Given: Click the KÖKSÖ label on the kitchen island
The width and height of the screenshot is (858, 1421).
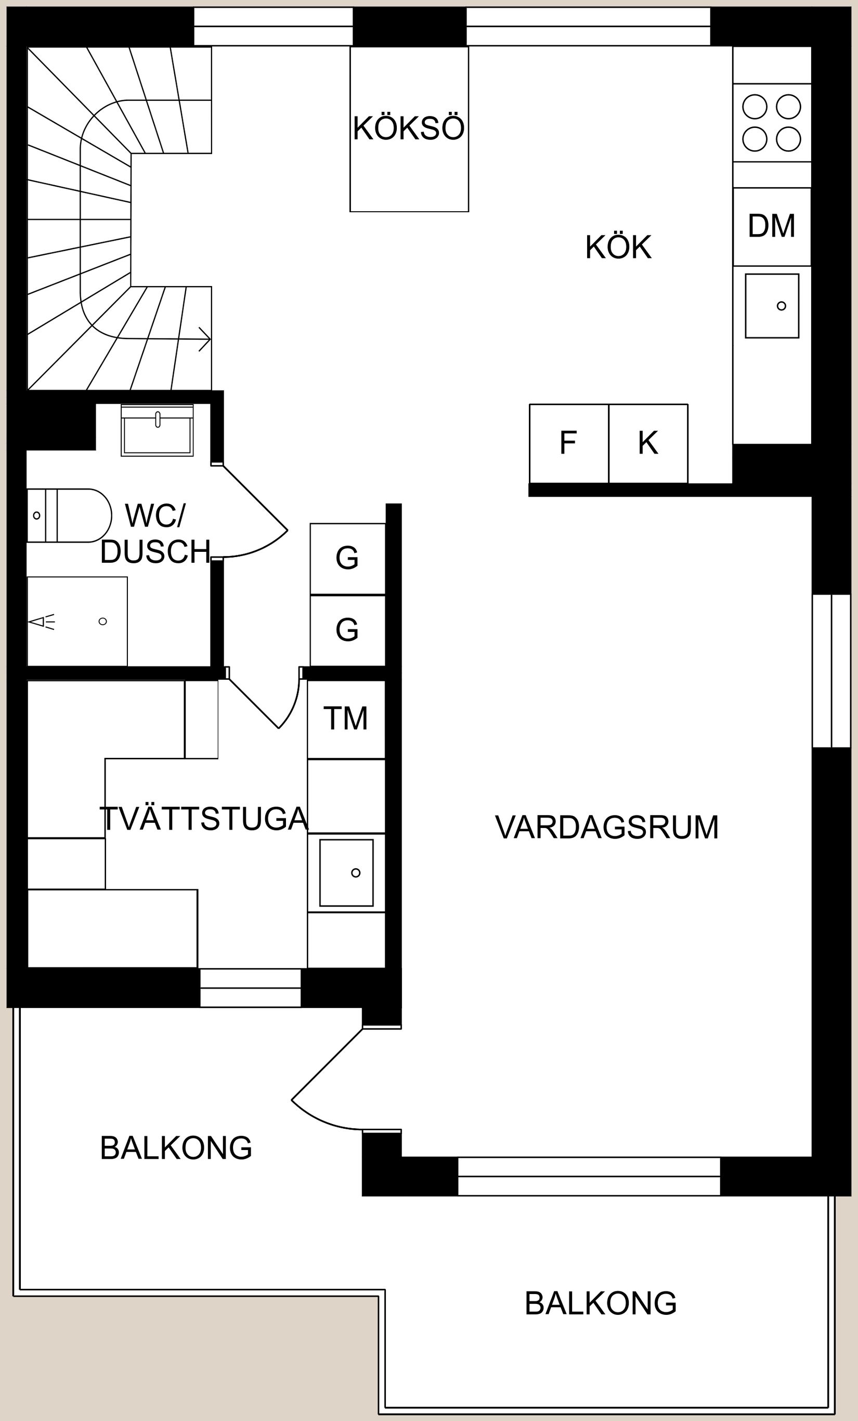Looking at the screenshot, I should pyautogui.click(x=408, y=128).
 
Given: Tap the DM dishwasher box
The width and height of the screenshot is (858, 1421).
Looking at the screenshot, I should pyautogui.click(x=772, y=226).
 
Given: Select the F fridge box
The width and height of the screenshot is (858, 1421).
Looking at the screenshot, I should pyautogui.click(x=568, y=443).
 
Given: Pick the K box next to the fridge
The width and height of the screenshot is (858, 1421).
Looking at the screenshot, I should pyautogui.click(x=648, y=443).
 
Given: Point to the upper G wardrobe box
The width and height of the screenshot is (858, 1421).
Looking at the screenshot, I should pyautogui.click(x=347, y=558).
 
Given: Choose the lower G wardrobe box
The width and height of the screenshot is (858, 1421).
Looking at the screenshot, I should pyautogui.click(x=347, y=630).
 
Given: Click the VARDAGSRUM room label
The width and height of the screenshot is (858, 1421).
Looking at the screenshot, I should pyautogui.click(x=607, y=828).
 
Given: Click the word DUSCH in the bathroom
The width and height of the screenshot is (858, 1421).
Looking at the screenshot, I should pyautogui.click(x=155, y=552).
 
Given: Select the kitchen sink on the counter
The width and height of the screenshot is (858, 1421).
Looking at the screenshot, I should pyautogui.click(x=772, y=306).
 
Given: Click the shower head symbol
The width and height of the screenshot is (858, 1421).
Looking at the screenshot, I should pyautogui.click(x=42, y=621).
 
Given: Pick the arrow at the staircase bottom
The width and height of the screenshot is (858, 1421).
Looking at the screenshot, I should pyautogui.click(x=204, y=339).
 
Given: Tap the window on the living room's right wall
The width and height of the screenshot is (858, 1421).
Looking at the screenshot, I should pyautogui.click(x=831, y=670).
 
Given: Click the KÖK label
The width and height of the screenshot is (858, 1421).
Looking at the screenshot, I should pyautogui.click(x=618, y=248).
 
